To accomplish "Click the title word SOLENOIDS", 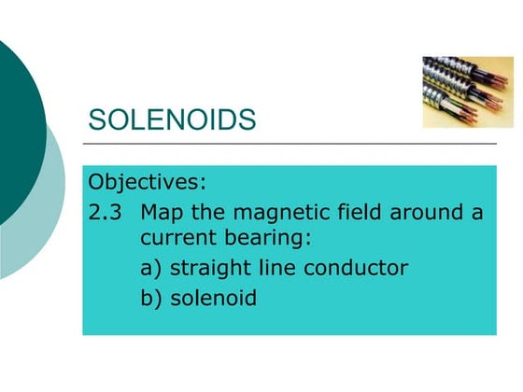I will tap(171, 120).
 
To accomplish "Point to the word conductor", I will tap(359, 269).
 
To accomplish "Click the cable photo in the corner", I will tap(467, 91).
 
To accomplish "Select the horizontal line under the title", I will tap(290, 145).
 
